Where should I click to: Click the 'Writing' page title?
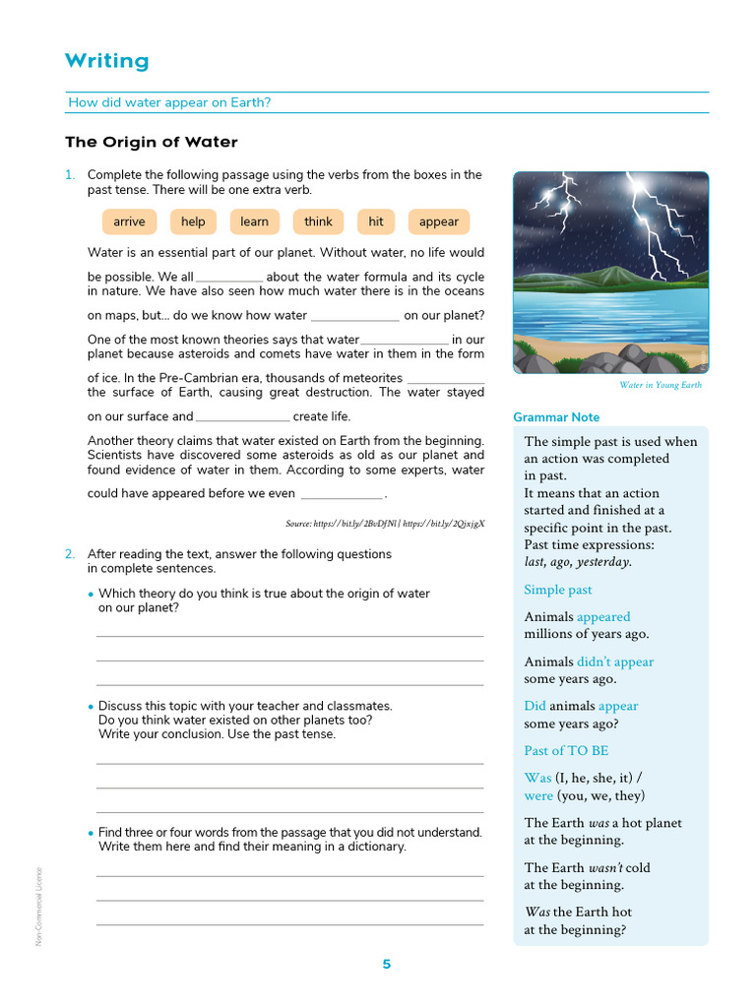106,61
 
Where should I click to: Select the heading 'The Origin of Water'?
152,142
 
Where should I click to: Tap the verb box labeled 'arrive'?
129,221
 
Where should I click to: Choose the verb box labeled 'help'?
193,221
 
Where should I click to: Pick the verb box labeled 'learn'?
254,221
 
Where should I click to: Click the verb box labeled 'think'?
318,221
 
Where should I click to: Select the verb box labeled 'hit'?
376,221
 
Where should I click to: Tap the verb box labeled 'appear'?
439,221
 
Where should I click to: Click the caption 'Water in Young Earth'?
661,385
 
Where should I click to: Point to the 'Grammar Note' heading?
556,417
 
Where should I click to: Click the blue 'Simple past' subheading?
558,590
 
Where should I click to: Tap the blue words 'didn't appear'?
614,661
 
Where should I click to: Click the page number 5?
386,964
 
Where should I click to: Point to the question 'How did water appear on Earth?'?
169,102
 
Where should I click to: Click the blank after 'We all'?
229,279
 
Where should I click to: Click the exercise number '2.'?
70,554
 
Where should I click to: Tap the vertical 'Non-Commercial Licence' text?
39,906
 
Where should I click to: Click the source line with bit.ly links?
385,524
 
